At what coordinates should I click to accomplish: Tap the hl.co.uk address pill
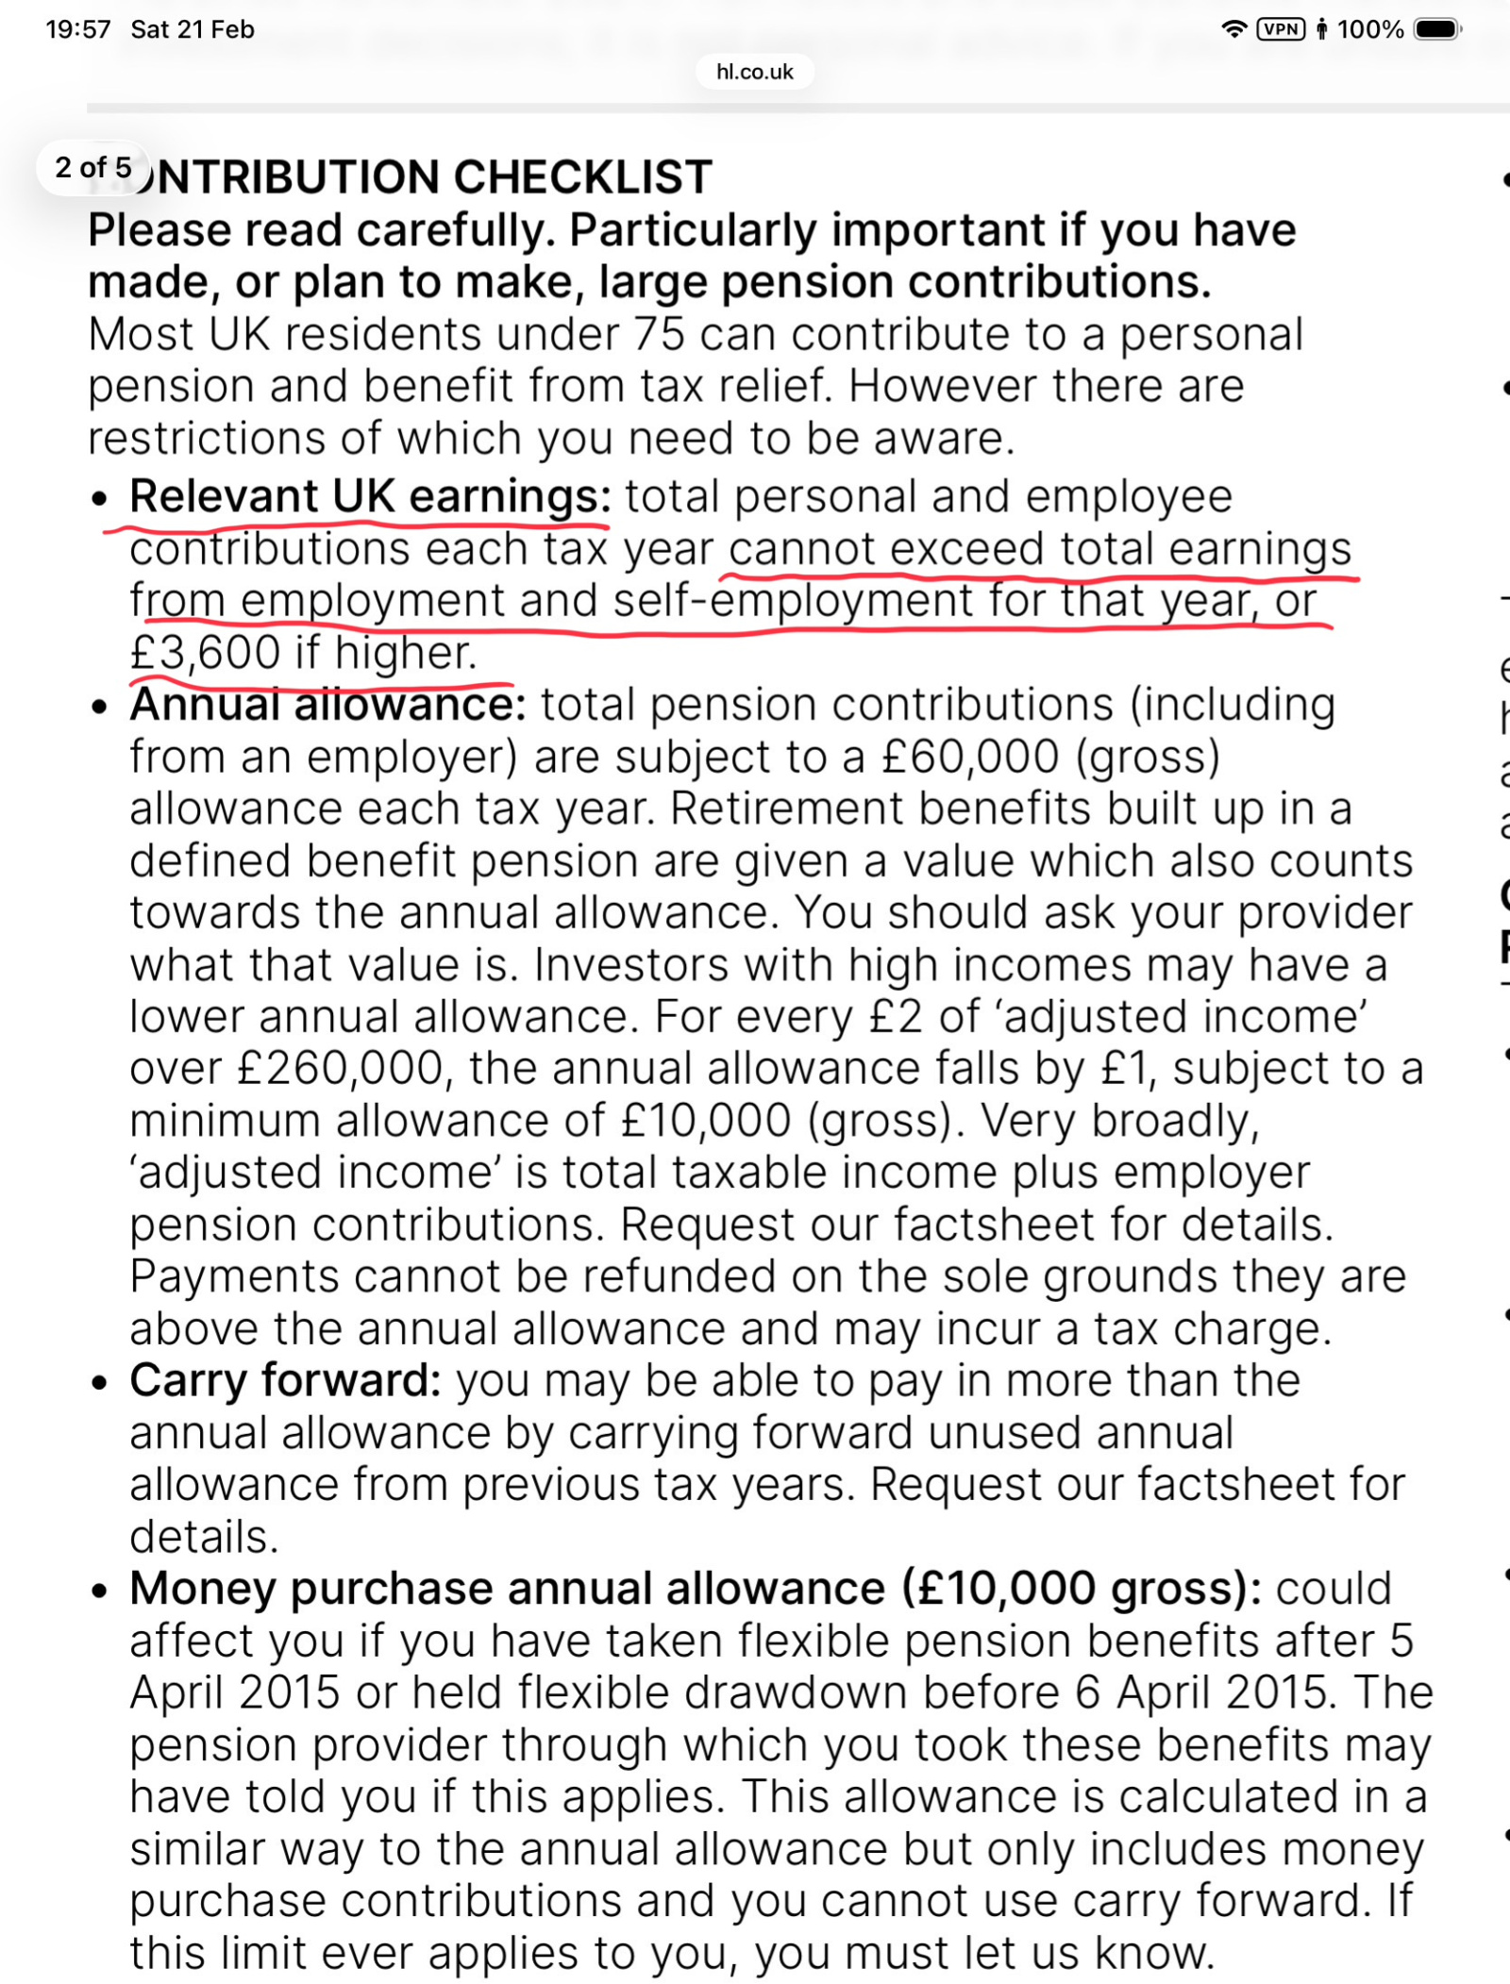click(x=754, y=72)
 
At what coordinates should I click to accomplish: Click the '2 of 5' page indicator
click(x=92, y=168)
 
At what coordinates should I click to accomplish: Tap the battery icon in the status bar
click(x=1436, y=29)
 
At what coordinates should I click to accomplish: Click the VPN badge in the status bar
click(x=1281, y=29)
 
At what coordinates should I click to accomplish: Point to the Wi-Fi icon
click(x=1233, y=29)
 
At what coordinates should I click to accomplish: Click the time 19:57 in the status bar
click(x=77, y=29)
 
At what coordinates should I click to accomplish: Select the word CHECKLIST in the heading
click(x=582, y=177)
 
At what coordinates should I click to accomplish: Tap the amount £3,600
click(x=205, y=653)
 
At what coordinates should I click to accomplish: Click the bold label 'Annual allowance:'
click(x=327, y=705)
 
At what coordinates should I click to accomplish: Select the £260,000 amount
click(x=340, y=1069)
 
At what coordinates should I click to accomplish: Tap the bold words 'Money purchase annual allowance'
click(x=507, y=1589)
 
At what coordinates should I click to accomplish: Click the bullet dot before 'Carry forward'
click(x=100, y=1383)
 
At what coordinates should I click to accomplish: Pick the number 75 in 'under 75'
click(x=659, y=335)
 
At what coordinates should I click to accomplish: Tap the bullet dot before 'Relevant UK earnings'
click(x=100, y=499)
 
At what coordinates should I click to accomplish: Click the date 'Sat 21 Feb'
click(x=193, y=29)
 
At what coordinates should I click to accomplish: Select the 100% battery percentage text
click(x=1369, y=29)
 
